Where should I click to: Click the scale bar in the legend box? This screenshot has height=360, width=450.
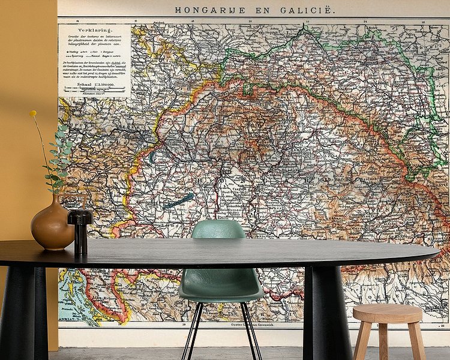(94, 92)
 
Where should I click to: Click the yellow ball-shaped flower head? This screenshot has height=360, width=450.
(33, 113)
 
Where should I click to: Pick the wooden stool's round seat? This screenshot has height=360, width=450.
(387, 313)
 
